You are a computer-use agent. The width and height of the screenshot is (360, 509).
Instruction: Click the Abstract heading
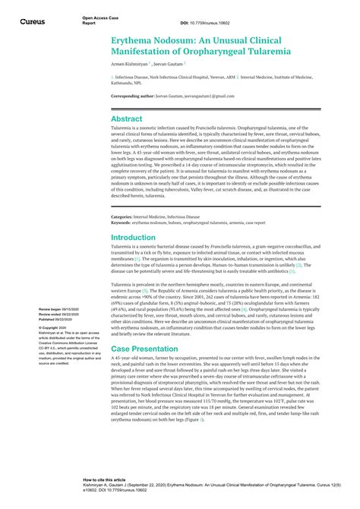[x=127, y=119]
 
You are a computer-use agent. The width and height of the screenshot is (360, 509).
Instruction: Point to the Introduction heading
[x=133, y=237]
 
